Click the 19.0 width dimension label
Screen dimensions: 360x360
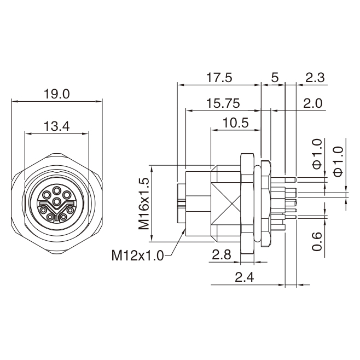pos(56,94)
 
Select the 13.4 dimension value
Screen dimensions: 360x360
pos(56,126)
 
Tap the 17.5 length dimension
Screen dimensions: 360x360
pos(219,78)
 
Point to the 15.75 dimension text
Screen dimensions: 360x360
pos(223,103)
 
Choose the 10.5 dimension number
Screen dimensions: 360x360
pos(236,123)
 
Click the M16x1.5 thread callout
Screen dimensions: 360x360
pos(144,204)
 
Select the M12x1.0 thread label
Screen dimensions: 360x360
pos(137,256)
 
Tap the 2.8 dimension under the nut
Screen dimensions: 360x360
pos(222,254)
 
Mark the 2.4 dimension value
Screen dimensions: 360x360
pos(244,277)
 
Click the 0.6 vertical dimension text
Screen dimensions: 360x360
pos(317,241)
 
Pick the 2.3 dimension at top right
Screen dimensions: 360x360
pos(315,78)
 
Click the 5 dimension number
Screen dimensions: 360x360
pos(275,78)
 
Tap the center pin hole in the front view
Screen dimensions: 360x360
pos(56,202)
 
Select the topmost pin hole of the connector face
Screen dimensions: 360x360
pos(56,190)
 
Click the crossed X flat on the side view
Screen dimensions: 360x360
pos(225,204)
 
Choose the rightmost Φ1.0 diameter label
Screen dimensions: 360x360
pos(339,161)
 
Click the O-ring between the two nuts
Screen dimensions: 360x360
pos(257,204)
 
